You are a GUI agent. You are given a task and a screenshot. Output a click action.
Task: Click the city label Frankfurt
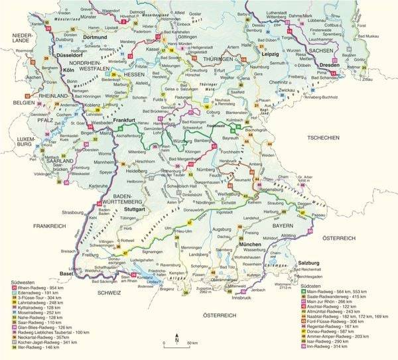click(x=124, y=121)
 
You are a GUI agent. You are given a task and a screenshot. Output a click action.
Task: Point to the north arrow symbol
click(x=176, y=339)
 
